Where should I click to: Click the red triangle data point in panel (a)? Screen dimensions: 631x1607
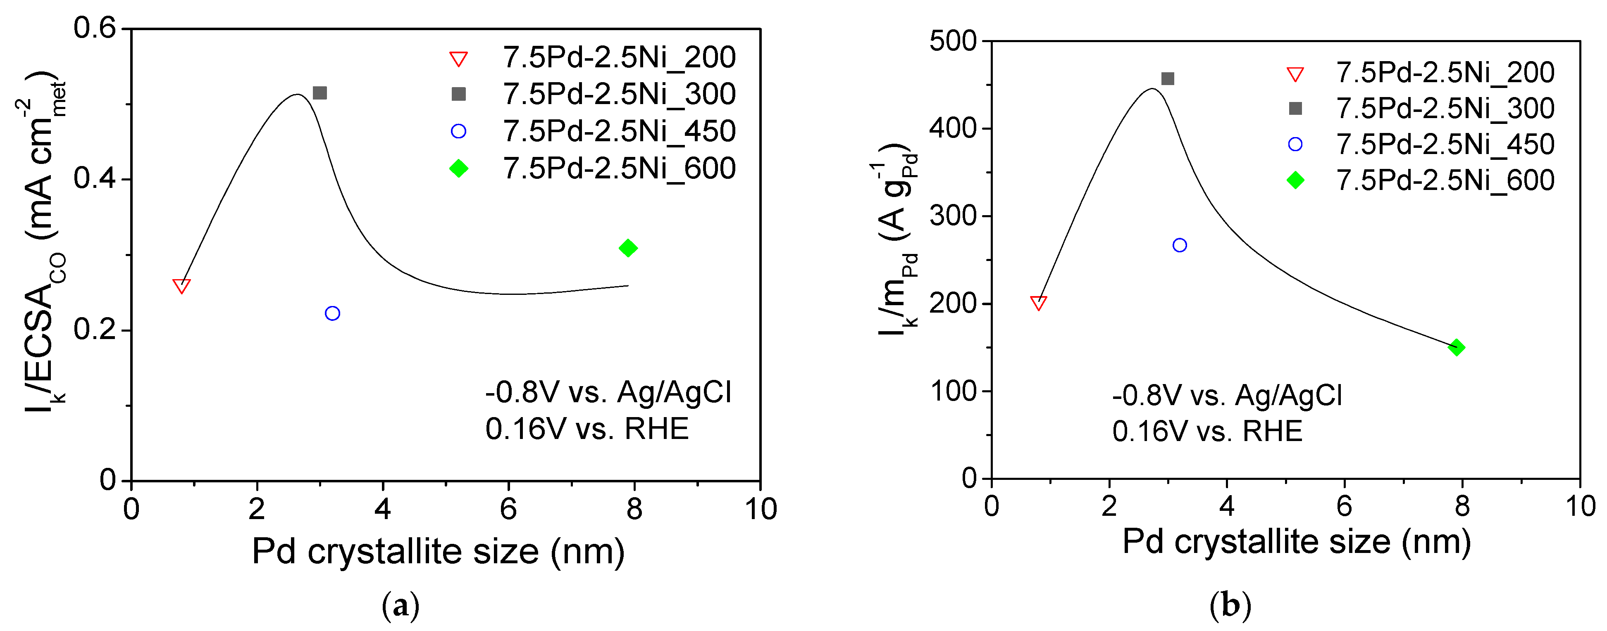point(181,286)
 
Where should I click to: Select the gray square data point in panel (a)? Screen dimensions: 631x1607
point(319,93)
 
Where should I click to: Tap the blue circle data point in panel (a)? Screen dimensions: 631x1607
point(332,313)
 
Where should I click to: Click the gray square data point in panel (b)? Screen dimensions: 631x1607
point(1168,78)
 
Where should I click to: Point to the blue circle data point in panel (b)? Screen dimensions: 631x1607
point(1180,245)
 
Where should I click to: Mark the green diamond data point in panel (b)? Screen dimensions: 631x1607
point(1457,347)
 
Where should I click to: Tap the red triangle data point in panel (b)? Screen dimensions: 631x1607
point(1039,303)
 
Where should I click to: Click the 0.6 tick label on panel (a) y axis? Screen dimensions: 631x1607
point(95,28)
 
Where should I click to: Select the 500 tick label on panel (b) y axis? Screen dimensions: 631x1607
point(953,41)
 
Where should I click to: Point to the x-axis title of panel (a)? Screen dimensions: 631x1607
point(438,551)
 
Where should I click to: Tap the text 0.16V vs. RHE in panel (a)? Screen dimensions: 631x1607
point(587,429)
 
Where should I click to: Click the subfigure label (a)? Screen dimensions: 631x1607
point(400,605)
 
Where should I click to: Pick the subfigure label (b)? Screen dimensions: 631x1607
point(1230,605)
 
